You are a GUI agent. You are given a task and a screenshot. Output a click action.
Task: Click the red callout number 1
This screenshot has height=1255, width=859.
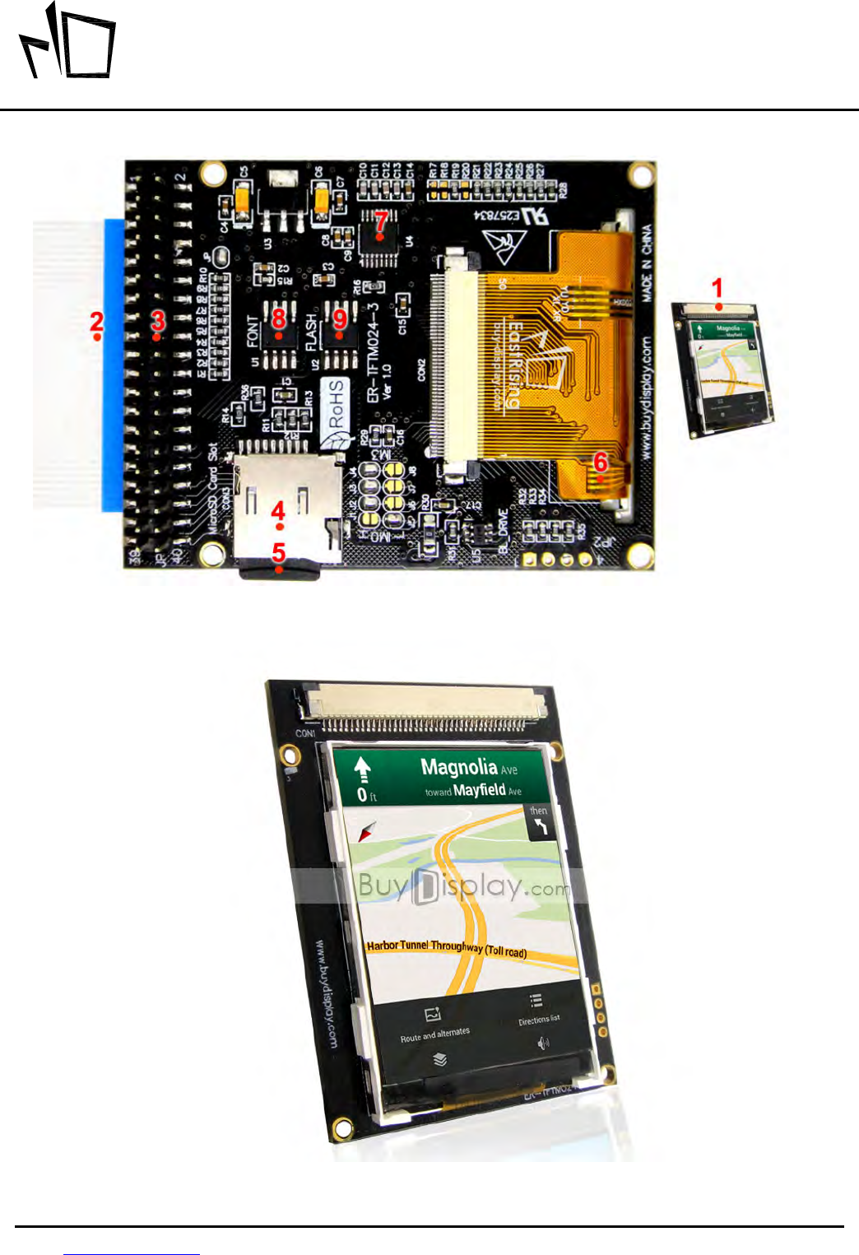point(717,288)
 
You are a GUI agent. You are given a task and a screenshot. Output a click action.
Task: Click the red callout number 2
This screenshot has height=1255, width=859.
point(96,321)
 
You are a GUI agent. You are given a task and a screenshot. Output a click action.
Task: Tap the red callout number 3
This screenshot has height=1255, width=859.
point(158,320)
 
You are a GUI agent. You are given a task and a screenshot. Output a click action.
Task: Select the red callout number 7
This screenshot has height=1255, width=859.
point(380,221)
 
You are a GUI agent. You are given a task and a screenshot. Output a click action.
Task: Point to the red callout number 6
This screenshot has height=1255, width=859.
point(601,462)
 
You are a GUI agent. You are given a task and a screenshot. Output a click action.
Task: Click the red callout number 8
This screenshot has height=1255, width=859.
point(279,318)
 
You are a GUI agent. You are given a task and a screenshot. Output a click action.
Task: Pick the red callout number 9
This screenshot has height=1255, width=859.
point(340,318)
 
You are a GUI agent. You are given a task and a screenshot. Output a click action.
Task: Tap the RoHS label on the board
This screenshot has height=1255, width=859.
point(336,404)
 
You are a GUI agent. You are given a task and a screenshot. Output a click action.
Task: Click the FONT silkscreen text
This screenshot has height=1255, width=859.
point(253,332)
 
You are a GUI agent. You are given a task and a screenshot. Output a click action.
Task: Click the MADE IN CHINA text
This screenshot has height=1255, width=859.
point(648,263)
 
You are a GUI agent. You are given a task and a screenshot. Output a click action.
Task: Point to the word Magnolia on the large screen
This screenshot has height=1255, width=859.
point(459,767)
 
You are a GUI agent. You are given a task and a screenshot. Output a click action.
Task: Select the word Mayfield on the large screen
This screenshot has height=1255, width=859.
point(480,790)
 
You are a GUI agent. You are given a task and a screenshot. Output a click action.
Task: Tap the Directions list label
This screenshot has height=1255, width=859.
point(539,1020)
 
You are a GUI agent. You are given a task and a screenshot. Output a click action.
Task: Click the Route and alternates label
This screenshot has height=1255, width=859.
point(434,1034)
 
